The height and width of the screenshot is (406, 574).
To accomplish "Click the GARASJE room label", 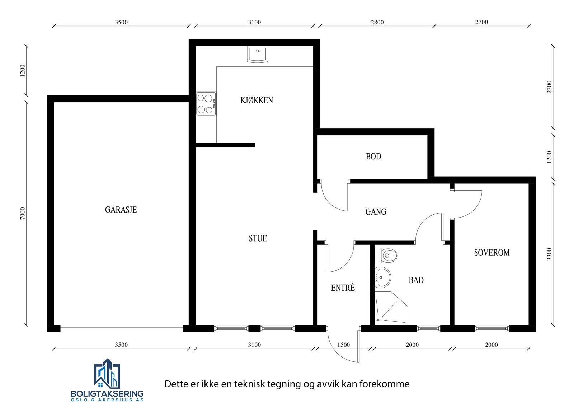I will coord(121,210).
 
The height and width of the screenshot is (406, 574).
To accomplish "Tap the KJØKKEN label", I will coord(257,100).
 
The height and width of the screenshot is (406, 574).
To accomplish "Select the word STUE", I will coord(258,238).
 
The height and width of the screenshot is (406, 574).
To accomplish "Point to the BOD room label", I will coord(373,157).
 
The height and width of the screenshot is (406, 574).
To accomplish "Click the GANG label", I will coord(376,212).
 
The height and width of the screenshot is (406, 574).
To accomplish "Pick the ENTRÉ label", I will coord(343,288).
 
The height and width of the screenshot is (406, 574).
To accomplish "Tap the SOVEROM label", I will coord(491,253).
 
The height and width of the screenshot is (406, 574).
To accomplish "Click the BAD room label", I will coord(416,280).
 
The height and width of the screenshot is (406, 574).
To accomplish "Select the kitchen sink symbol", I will coord(257,54).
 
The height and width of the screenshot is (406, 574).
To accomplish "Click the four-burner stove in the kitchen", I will coord(206,104).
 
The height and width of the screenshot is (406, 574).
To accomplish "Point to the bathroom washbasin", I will coord(382,277).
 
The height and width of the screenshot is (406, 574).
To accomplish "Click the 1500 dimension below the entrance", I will coord(343,345).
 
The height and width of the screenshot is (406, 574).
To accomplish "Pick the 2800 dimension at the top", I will coord(377,22).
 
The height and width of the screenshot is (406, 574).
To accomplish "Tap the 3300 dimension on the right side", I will coord(550,254).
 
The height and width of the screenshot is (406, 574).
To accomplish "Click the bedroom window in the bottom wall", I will coord(491,328).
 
